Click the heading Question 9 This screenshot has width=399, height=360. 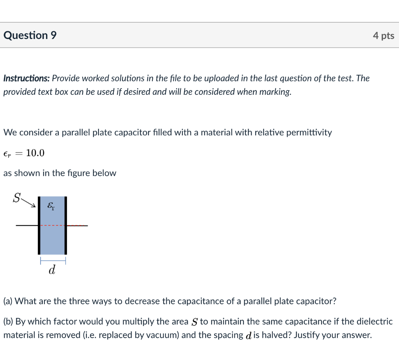(x=30, y=35)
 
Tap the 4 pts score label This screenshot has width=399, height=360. (x=383, y=36)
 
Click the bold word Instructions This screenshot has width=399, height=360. (x=26, y=78)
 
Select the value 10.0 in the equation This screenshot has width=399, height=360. (x=35, y=153)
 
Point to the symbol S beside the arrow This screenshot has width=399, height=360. (x=16, y=198)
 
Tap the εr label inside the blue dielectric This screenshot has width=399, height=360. (x=51, y=206)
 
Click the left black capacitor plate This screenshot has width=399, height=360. (x=39, y=225)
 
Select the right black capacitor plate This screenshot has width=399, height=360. (x=65, y=225)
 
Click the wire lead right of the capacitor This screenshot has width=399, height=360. (x=78, y=225)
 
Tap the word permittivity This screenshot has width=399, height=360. (x=309, y=132)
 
